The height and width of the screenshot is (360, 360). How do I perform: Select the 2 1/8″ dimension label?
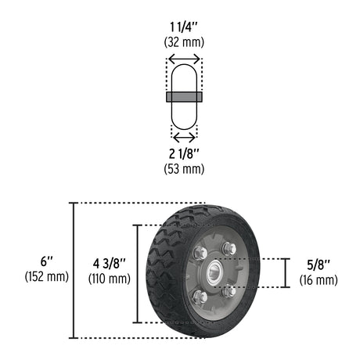(x=184, y=153)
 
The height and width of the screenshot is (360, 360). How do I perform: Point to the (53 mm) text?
(x=184, y=168)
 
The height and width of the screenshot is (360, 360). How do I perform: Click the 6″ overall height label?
(x=47, y=261)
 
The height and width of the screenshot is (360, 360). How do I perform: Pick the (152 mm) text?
(x=47, y=276)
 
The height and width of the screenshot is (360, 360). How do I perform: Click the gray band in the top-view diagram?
(x=184, y=97)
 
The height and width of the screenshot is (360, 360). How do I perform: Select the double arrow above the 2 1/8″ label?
(x=184, y=136)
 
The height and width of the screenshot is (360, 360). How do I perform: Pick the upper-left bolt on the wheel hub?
(x=200, y=252)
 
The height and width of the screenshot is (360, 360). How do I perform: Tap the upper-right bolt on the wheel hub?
(x=229, y=248)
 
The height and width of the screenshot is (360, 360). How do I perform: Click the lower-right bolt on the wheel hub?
(x=227, y=292)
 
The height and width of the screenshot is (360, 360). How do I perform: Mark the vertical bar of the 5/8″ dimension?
(x=286, y=272)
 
